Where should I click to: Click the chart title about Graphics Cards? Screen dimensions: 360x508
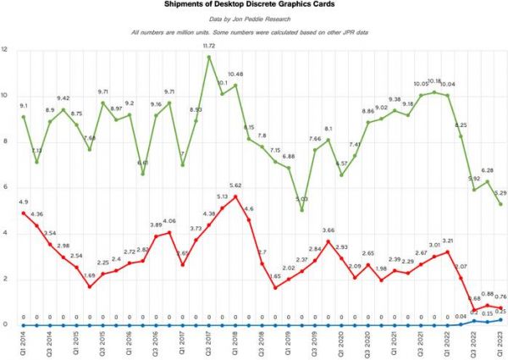click(253, 4)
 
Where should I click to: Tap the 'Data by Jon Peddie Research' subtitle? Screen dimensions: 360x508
click(253, 19)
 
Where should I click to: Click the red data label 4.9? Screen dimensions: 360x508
click(23, 203)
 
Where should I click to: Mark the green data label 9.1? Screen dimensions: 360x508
click(23, 107)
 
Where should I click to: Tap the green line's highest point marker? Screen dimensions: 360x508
click(209, 57)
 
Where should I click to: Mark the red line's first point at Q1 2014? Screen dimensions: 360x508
click(23, 213)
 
